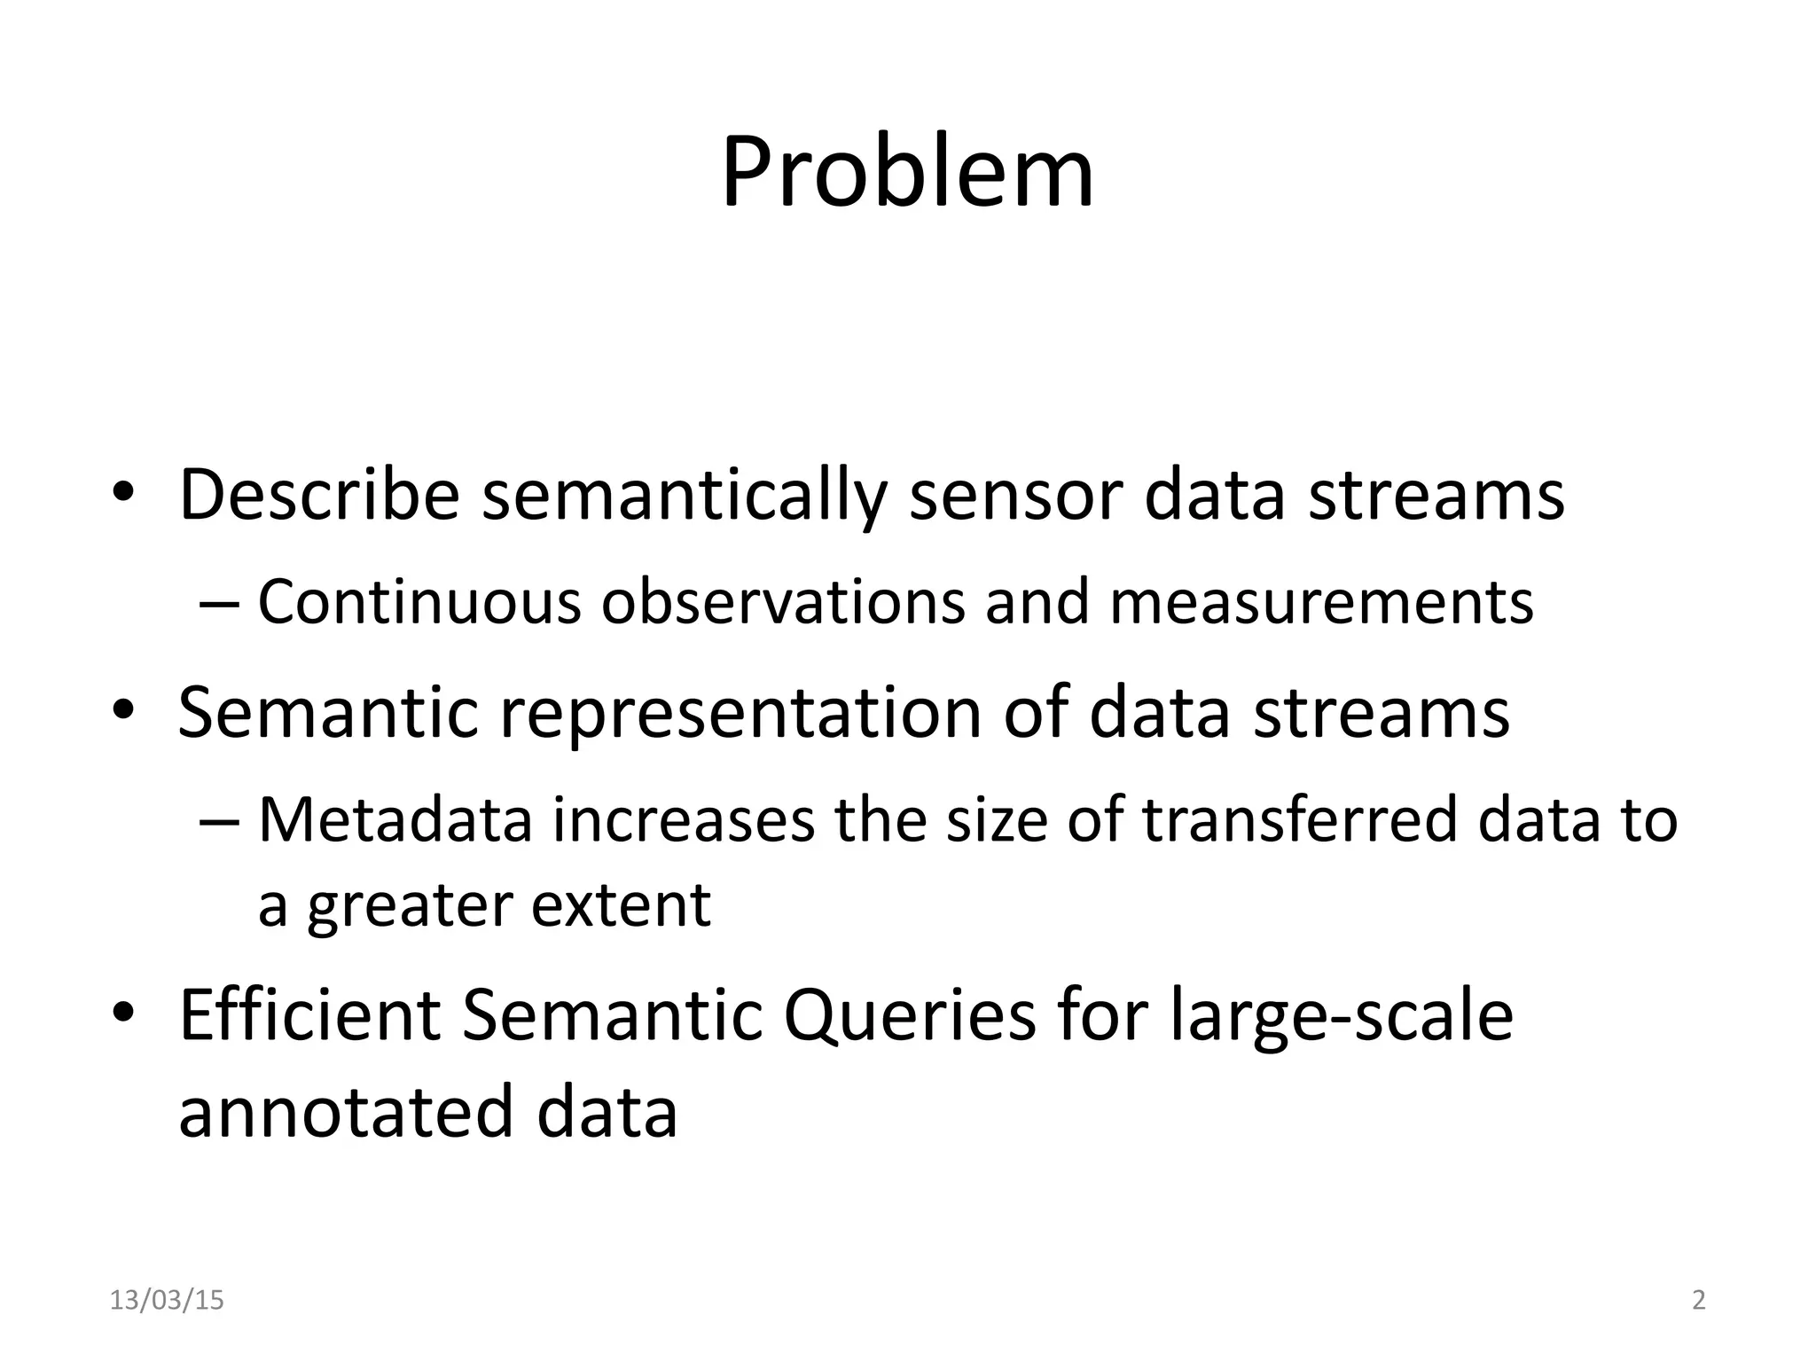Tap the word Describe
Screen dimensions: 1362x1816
point(319,495)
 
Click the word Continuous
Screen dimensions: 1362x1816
point(419,602)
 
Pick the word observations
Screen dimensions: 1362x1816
point(782,602)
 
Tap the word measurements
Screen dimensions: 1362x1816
point(1321,602)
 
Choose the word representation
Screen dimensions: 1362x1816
point(740,715)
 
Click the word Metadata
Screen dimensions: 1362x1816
point(395,820)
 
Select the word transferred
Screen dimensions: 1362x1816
point(1299,820)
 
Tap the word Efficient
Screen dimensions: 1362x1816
point(309,1016)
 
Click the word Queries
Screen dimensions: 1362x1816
point(910,1018)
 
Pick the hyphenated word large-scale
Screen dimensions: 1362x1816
point(1341,1018)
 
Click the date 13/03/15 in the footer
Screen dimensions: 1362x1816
point(167,1301)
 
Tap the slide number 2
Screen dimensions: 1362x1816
point(1699,1301)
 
